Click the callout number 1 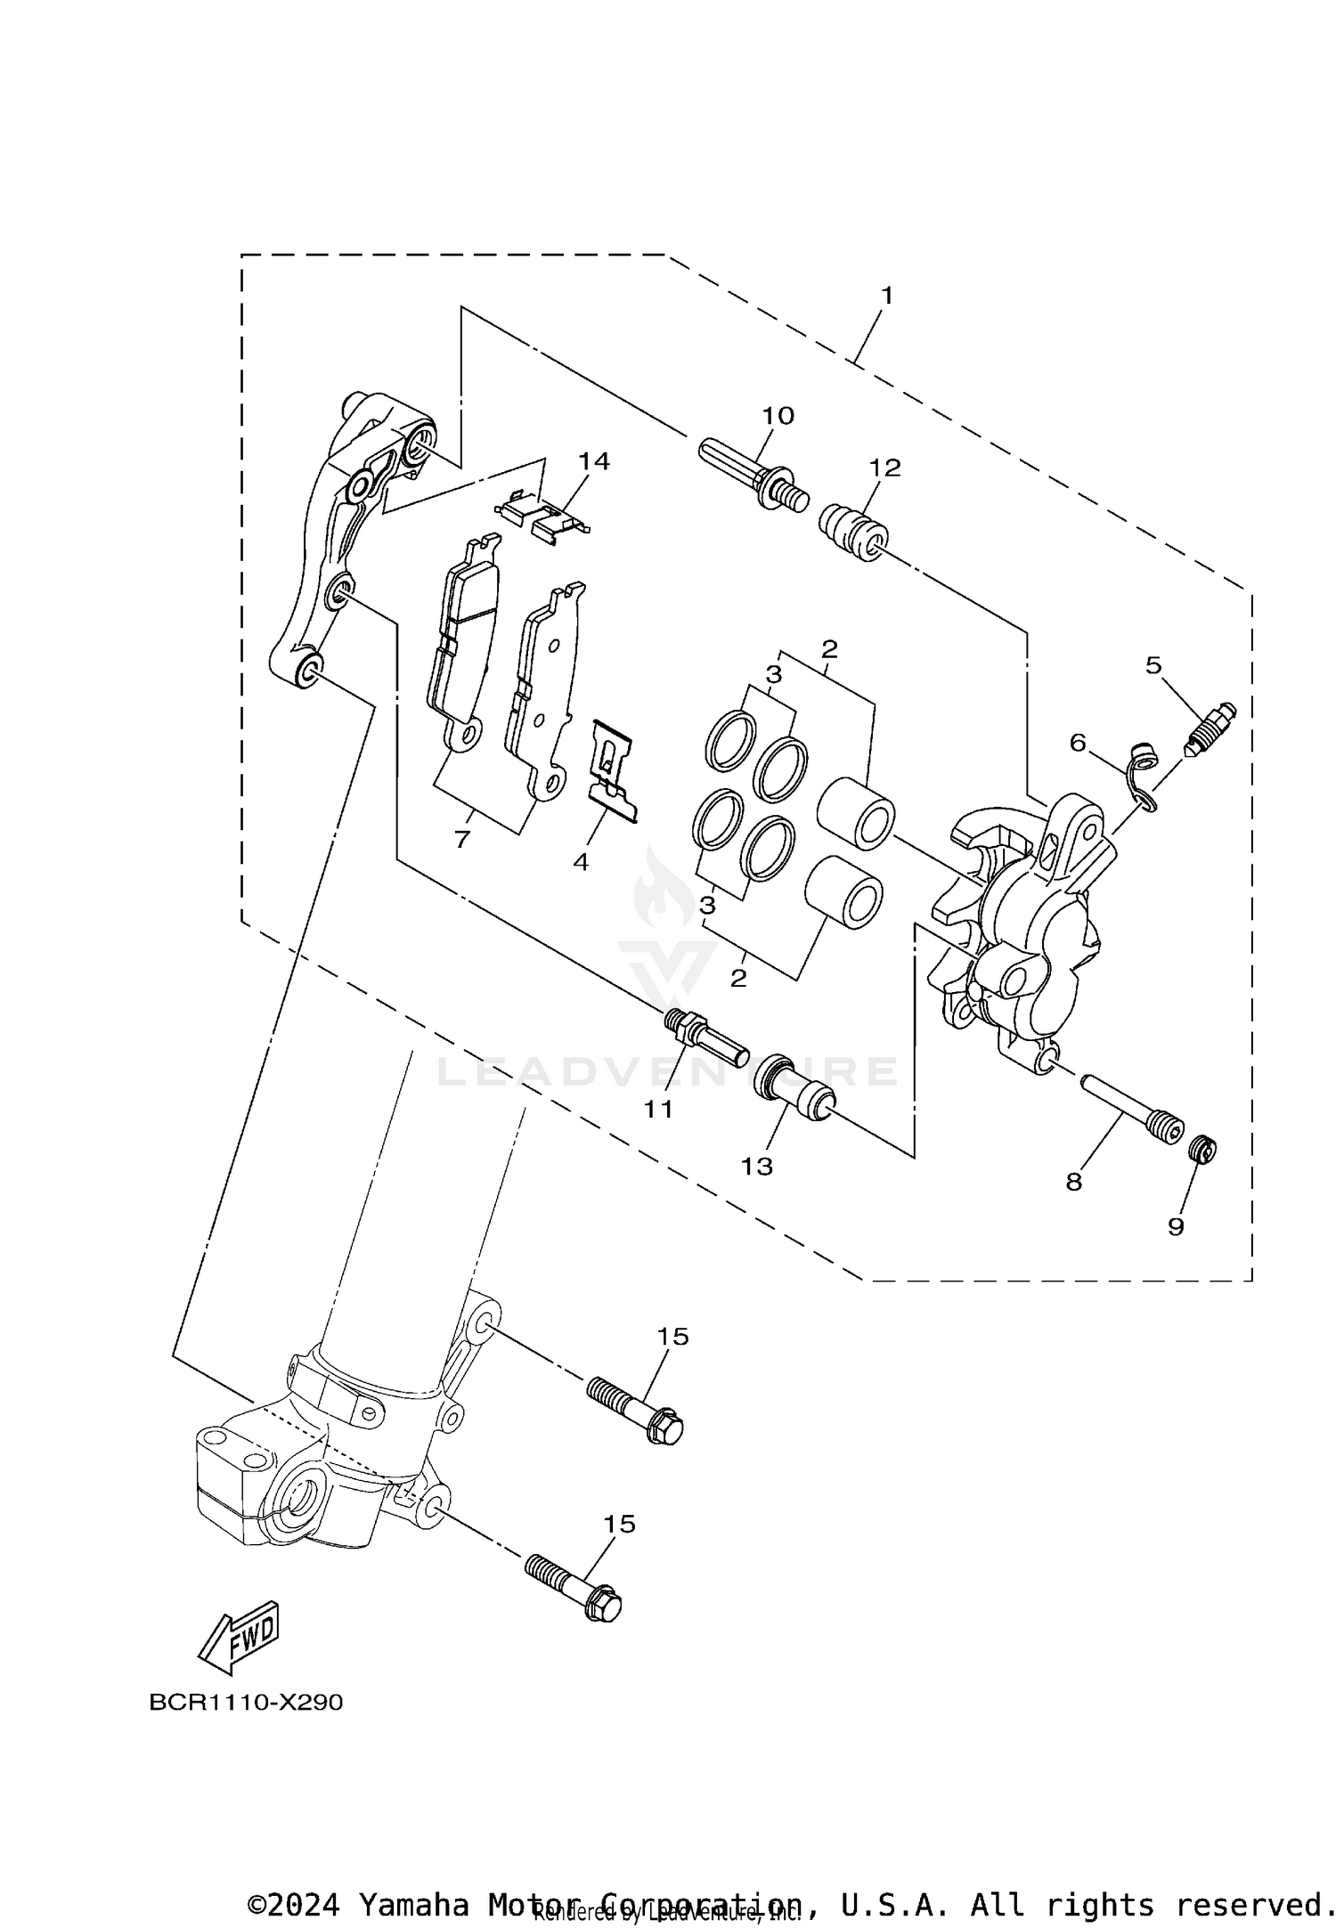[x=886, y=295]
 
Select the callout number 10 [x=778, y=416]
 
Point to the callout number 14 [x=594, y=460]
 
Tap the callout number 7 [x=461, y=838]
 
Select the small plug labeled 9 [x=1203, y=1150]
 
